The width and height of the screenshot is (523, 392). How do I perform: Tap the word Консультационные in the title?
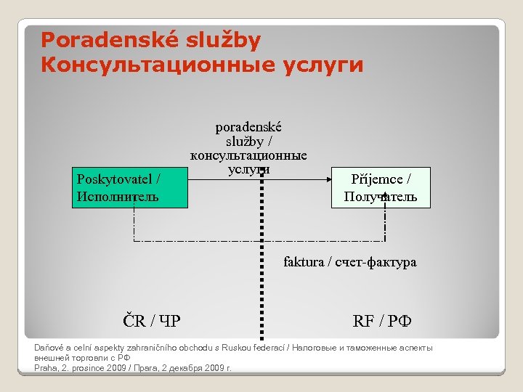tap(145, 65)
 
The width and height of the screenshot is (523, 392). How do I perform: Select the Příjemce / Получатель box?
tap(381, 187)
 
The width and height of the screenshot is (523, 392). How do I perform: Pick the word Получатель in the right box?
tap(381, 196)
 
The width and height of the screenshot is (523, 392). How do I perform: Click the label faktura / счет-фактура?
tap(350, 262)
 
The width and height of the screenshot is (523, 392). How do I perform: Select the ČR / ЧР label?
tap(153, 319)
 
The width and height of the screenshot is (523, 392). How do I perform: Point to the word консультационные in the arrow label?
tap(248, 155)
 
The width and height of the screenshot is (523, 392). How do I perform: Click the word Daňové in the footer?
tap(49, 348)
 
